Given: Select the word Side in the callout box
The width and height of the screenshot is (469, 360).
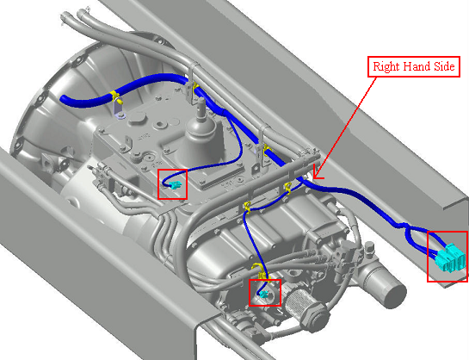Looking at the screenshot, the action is tap(444, 65).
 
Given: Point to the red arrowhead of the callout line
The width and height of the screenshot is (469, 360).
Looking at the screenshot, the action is tap(317, 176).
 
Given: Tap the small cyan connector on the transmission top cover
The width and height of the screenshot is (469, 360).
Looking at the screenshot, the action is tap(175, 185).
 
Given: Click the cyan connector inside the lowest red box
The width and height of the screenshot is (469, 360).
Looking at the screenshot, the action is tap(264, 295).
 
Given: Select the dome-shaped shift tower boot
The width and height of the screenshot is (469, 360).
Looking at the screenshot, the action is tap(200, 140).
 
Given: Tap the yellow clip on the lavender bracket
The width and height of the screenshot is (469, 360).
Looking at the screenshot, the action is tap(114, 96).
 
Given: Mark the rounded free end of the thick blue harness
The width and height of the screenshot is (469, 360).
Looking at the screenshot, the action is tap(64, 99).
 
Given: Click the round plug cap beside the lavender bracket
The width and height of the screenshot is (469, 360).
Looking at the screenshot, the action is tap(137, 118).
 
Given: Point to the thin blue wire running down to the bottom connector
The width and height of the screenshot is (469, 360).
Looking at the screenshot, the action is tap(252, 239).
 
